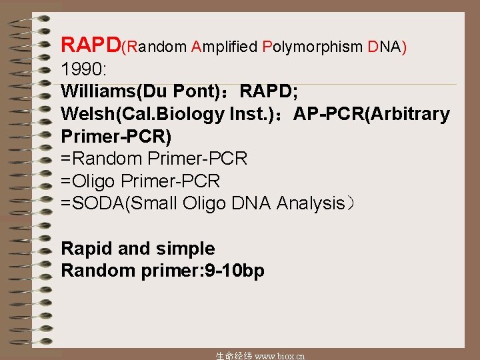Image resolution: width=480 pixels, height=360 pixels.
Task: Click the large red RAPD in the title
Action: (x=91, y=45)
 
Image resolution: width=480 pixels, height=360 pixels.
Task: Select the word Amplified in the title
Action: (x=224, y=47)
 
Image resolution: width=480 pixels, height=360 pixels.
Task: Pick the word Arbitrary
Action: (x=413, y=114)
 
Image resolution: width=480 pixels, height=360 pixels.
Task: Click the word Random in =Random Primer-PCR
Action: (x=107, y=159)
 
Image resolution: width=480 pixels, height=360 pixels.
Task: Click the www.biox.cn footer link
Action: (x=280, y=355)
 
